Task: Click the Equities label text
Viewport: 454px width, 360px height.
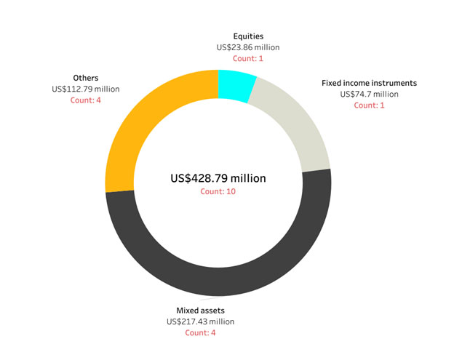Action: point(248,36)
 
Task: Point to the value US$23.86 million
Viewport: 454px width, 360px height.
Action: point(248,47)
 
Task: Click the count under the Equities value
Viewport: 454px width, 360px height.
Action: point(248,58)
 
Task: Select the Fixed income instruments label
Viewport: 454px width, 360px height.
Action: point(369,83)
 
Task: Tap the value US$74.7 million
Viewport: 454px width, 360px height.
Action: point(369,94)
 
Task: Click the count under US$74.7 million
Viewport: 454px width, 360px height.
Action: point(369,105)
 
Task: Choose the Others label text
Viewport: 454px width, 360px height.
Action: point(86,78)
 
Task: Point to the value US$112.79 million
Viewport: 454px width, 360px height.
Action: point(86,89)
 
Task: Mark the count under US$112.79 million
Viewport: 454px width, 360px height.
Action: point(86,100)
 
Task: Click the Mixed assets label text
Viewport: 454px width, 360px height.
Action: point(201,310)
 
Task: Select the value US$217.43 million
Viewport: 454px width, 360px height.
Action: point(201,321)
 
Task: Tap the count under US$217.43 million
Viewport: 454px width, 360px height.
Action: point(201,332)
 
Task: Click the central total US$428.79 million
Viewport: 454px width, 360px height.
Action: point(218,178)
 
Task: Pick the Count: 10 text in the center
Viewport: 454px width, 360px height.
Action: point(218,192)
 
